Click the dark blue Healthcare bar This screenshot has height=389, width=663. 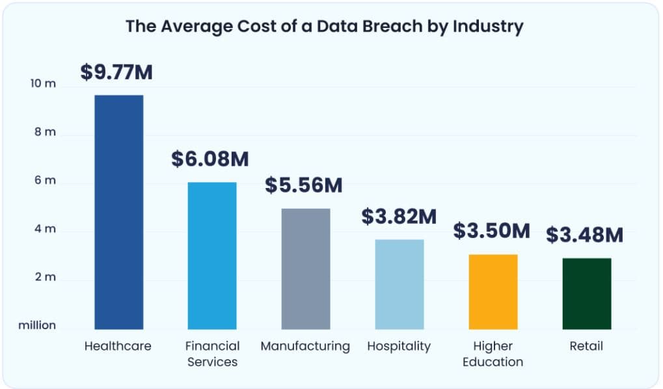[119, 212]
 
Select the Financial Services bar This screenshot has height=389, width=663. [212, 256]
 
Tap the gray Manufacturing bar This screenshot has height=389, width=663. [306, 269]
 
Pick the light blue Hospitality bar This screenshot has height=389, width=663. [399, 284]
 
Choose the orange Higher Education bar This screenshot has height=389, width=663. [493, 291]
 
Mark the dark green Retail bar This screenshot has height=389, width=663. [586, 293]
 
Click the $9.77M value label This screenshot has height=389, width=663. [116, 72]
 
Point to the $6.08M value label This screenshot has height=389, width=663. [210, 159]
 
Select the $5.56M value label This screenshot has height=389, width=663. [304, 185]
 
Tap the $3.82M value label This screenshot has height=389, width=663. [399, 217]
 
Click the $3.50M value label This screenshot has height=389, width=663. [492, 230]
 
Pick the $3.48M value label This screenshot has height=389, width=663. [584, 234]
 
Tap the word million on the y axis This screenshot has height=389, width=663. [37, 325]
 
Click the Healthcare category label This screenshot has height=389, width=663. [118, 346]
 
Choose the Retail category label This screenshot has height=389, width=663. [586, 346]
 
